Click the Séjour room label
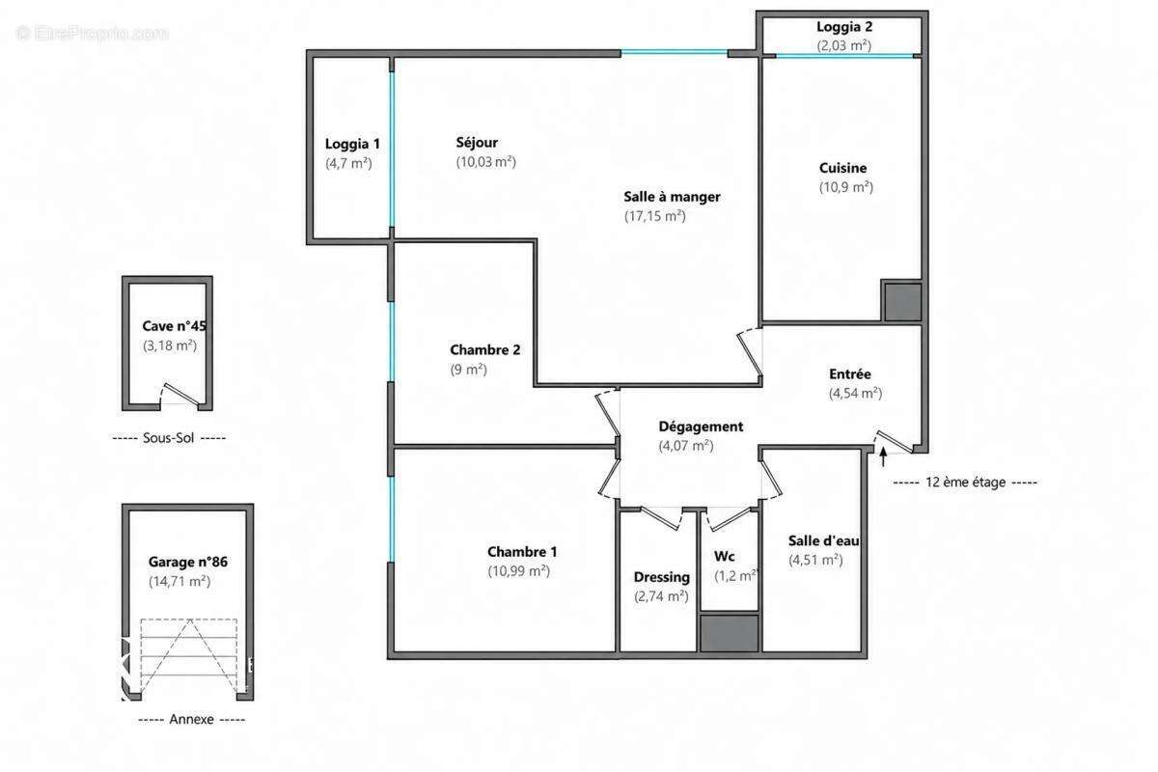(477, 143)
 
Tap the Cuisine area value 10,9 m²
(846, 187)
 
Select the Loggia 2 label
(844, 27)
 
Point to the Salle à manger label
(672, 197)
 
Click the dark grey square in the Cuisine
(902, 301)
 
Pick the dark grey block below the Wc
(729, 633)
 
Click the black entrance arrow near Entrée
(884, 456)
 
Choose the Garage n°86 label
(187, 562)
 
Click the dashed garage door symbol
(189, 655)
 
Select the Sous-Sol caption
(169, 438)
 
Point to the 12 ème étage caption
(965, 482)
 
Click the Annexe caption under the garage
(191, 719)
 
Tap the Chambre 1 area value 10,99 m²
(518, 571)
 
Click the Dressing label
(662, 577)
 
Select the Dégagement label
(701, 427)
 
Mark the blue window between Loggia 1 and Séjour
(392, 150)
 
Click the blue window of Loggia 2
(844, 56)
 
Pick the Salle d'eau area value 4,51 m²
(815, 561)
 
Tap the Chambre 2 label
(484, 350)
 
